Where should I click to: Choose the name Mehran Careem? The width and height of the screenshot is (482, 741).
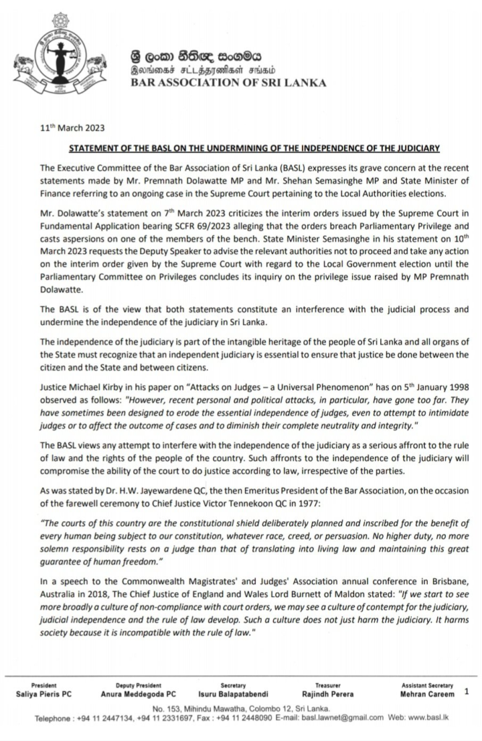429,694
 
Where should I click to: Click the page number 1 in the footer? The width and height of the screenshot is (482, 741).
467,692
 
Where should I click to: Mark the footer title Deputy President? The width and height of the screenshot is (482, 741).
138,685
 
